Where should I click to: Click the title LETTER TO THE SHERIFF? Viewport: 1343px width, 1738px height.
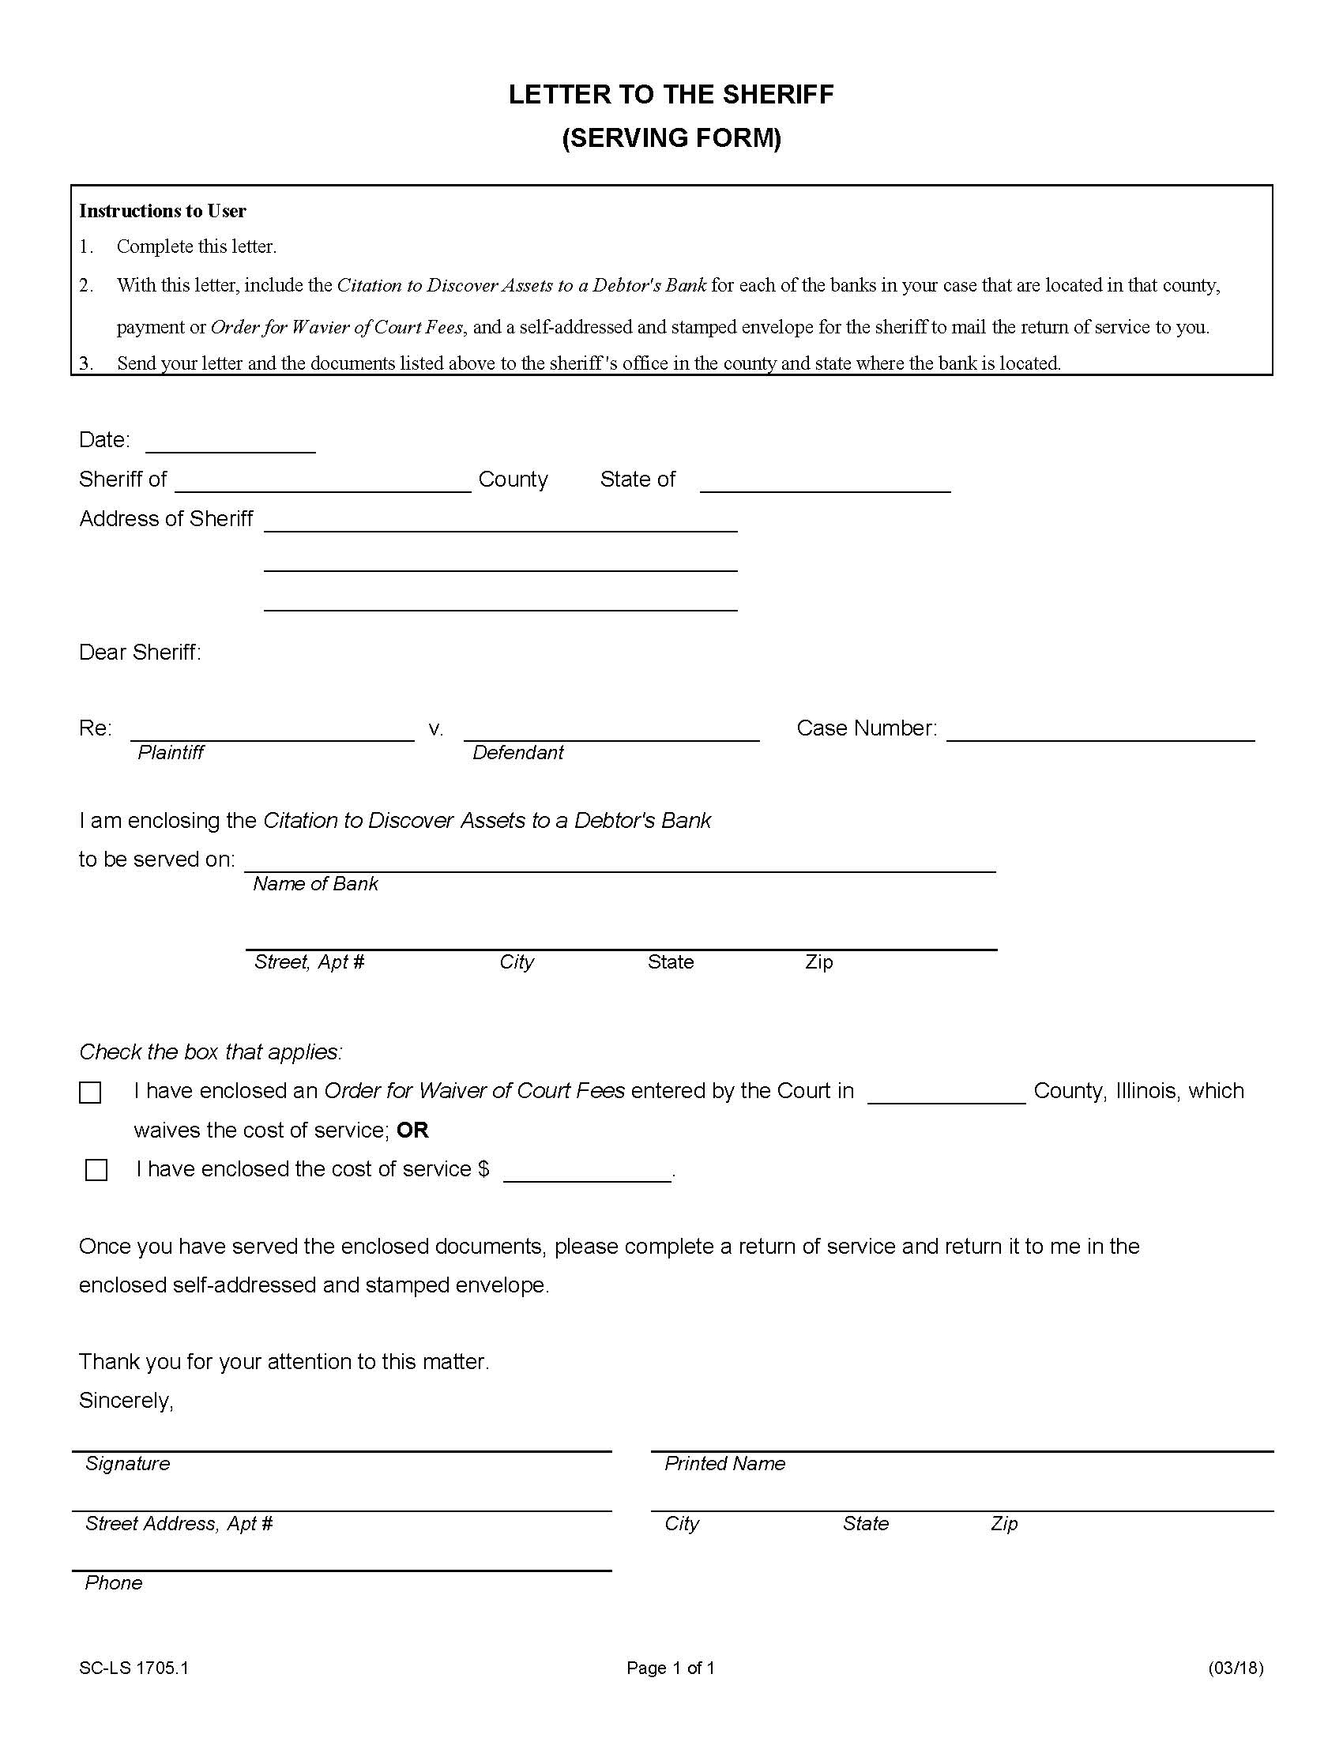[x=671, y=95]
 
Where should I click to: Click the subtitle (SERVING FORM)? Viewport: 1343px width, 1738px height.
[x=671, y=138]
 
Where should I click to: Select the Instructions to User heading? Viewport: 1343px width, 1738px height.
[x=162, y=211]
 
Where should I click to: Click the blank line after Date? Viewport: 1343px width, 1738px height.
[x=231, y=442]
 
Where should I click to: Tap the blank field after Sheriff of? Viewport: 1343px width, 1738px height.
[x=323, y=481]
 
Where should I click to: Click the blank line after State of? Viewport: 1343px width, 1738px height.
[x=825, y=481]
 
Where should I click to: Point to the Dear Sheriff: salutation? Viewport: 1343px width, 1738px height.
[x=140, y=653]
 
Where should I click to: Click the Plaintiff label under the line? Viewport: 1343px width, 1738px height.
[x=171, y=753]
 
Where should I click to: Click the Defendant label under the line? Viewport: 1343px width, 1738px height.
[x=517, y=753]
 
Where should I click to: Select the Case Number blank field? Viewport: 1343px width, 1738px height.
[x=1100, y=731]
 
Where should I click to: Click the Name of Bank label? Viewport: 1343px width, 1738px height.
[x=315, y=884]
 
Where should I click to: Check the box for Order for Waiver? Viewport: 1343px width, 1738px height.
[x=90, y=1093]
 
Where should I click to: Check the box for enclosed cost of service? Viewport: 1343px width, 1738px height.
[x=96, y=1170]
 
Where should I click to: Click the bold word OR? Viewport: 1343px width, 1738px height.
[x=412, y=1130]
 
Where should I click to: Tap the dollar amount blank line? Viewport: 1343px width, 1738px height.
[x=587, y=1172]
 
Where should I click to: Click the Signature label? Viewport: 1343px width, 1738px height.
[x=127, y=1463]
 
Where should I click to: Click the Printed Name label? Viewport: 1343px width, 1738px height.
[x=724, y=1463]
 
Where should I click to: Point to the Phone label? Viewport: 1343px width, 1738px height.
[x=114, y=1583]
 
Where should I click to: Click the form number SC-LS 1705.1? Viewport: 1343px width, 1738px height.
[x=134, y=1668]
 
